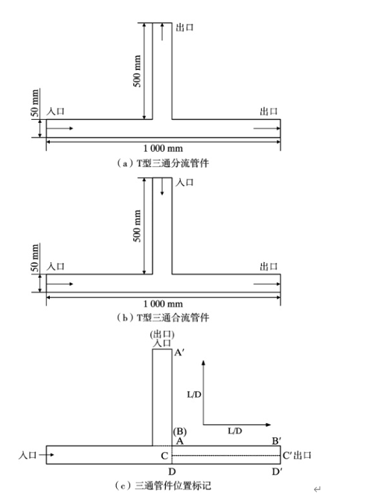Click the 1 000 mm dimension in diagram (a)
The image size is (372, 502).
(x=163, y=148)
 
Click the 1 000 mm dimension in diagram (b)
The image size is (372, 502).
(x=163, y=303)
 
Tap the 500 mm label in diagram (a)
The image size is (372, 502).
(x=137, y=71)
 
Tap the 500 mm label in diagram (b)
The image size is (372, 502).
(x=137, y=226)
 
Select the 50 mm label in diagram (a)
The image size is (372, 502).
(x=35, y=103)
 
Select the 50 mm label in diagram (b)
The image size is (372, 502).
(x=35, y=258)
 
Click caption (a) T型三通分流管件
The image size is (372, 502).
(x=162, y=163)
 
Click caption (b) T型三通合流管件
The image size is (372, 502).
(x=162, y=317)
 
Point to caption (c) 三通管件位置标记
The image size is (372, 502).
(x=163, y=486)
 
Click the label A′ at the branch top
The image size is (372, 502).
(x=179, y=353)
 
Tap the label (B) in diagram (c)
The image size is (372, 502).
(x=180, y=431)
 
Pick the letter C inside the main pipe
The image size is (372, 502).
(x=164, y=456)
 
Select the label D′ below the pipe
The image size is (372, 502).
(x=276, y=471)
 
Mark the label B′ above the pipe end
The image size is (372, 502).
(x=276, y=441)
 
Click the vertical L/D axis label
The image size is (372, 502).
(x=194, y=395)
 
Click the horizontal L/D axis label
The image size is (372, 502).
(x=235, y=431)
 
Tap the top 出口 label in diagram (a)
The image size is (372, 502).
(x=185, y=28)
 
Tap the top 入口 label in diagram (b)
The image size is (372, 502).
(x=185, y=182)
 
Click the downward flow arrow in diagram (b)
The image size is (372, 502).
(x=162, y=186)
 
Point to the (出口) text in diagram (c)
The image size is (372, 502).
(x=162, y=334)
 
